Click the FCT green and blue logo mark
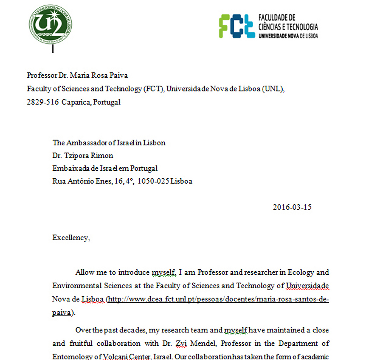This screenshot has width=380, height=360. (x=236, y=26)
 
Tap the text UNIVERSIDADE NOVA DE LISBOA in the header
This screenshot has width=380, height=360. (x=288, y=35)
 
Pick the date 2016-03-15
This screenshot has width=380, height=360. (x=292, y=207)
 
